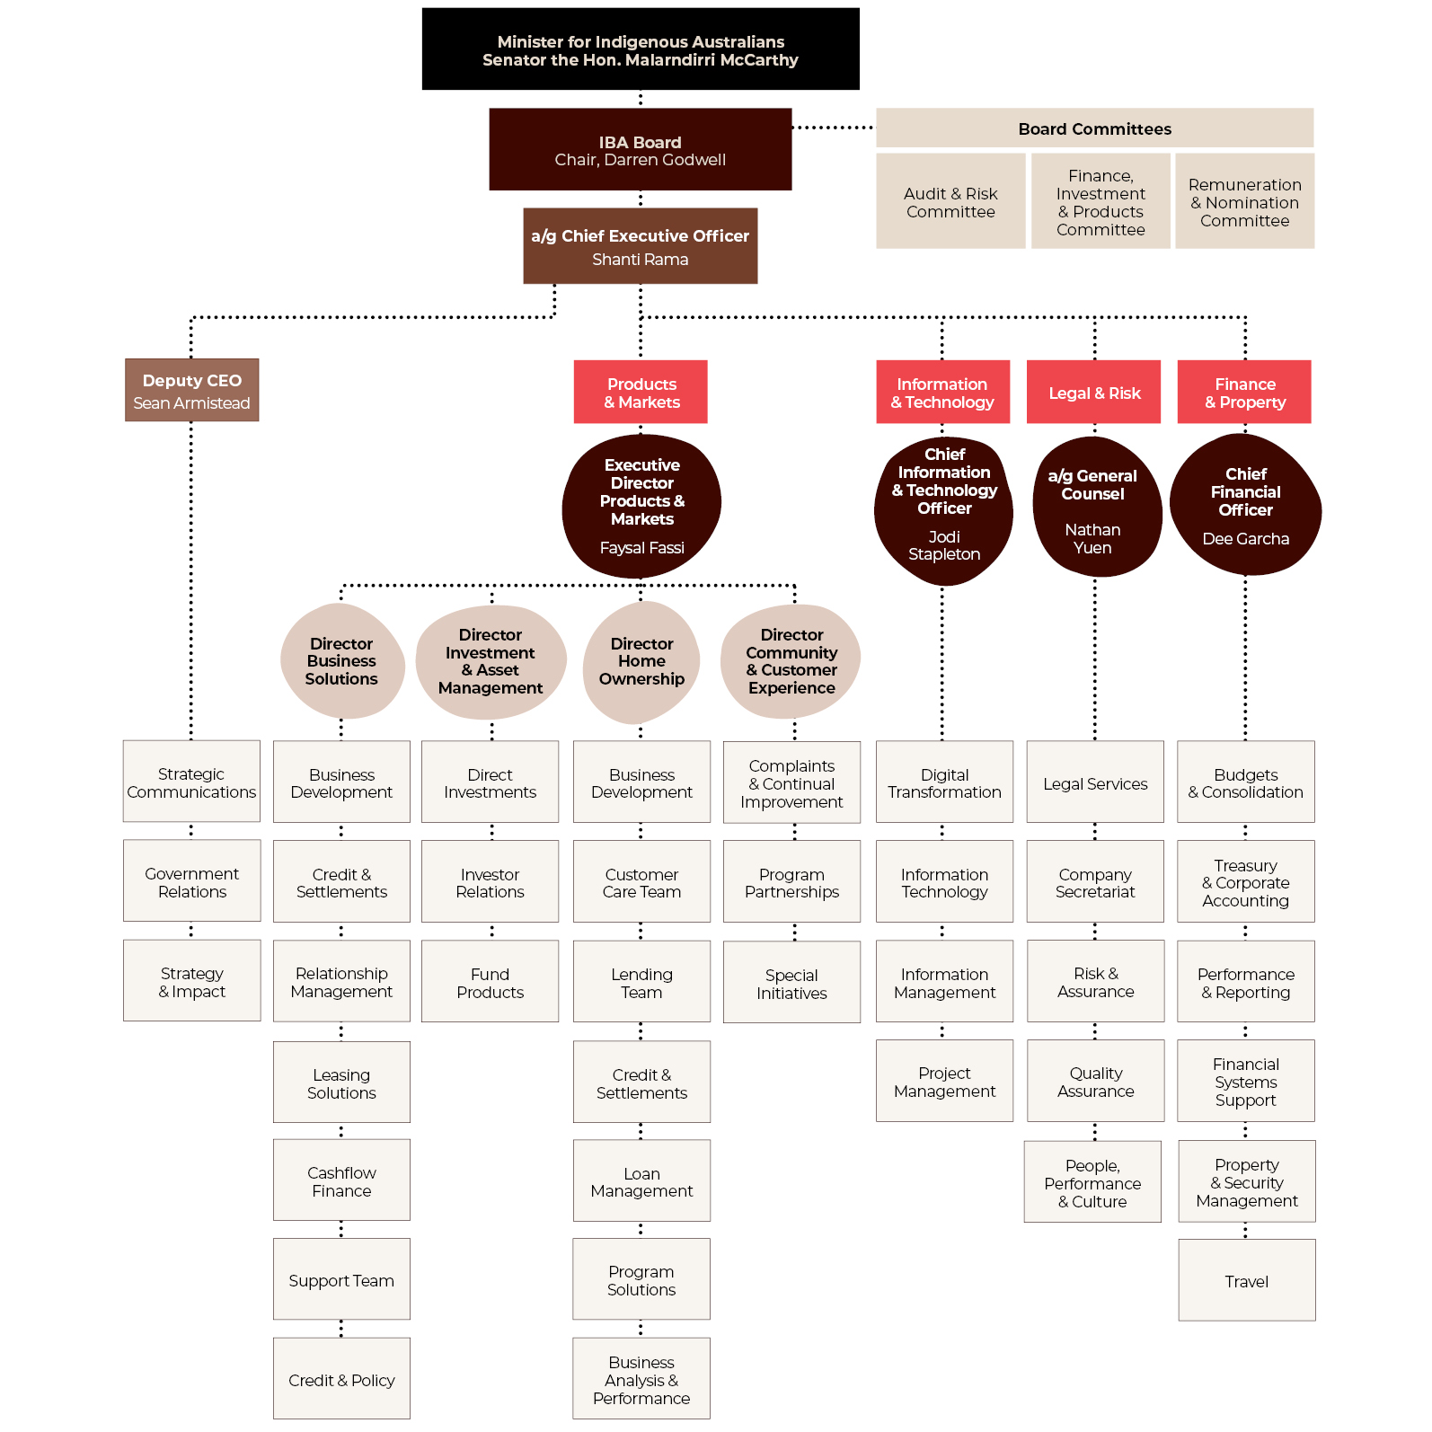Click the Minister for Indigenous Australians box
point(641,49)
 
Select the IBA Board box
point(641,149)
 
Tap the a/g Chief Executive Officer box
point(641,246)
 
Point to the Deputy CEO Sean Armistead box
point(191,390)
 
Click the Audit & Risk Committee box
point(950,201)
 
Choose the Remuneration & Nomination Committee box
point(1244,201)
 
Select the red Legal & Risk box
point(1094,392)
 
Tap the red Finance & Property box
point(1244,392)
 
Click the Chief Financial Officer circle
point(1245,505)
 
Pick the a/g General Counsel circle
point(1095,508)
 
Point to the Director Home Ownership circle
point(641,662)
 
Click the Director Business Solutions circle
point(341,661)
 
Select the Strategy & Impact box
point(192,981)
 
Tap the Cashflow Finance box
point(341,1180)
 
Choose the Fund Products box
point(490,982)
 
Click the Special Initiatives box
point(791,983)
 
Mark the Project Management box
point(944,1081)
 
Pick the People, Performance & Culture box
point(1092,1182)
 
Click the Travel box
point(1247,1280)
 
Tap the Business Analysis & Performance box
point(641,1379)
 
